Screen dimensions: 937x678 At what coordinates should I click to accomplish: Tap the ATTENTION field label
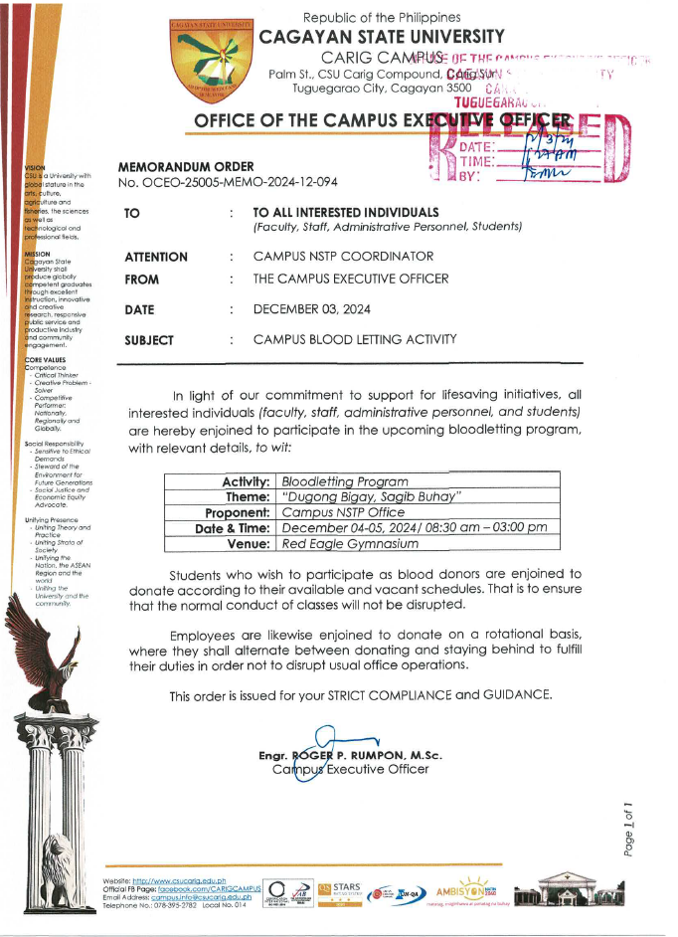pos(155,257)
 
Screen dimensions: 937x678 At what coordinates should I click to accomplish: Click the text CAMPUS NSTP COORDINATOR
pos(337,257)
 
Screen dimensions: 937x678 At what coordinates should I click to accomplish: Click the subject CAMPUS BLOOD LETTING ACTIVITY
pos(355,339)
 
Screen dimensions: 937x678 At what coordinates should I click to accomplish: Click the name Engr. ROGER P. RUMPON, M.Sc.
pos(349,756)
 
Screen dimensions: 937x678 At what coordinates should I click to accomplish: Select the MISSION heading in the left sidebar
pos(38,253)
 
